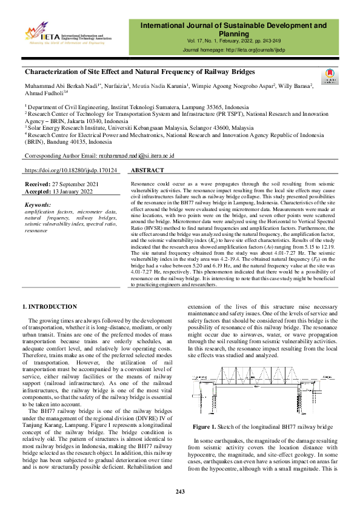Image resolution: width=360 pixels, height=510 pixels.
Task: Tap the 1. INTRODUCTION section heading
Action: point(49,307)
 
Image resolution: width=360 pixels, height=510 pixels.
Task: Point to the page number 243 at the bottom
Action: point(180,491)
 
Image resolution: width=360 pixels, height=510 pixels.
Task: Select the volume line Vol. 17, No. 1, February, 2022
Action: point(233,41)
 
